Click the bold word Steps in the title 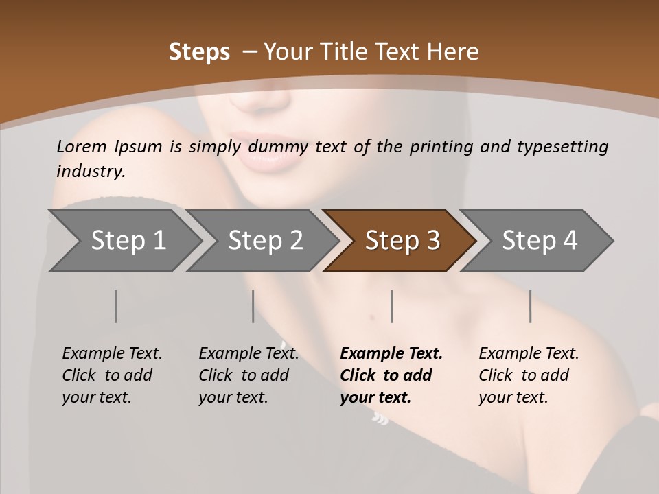199,52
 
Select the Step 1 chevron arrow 124,241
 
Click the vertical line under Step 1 116,306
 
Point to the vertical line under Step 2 253,306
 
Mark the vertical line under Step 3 391,306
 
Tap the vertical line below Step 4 530,306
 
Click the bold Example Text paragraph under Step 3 391,375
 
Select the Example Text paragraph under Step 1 112,375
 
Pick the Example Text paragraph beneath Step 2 248,375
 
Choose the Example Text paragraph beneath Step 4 529,375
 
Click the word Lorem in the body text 82,146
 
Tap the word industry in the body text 90,171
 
